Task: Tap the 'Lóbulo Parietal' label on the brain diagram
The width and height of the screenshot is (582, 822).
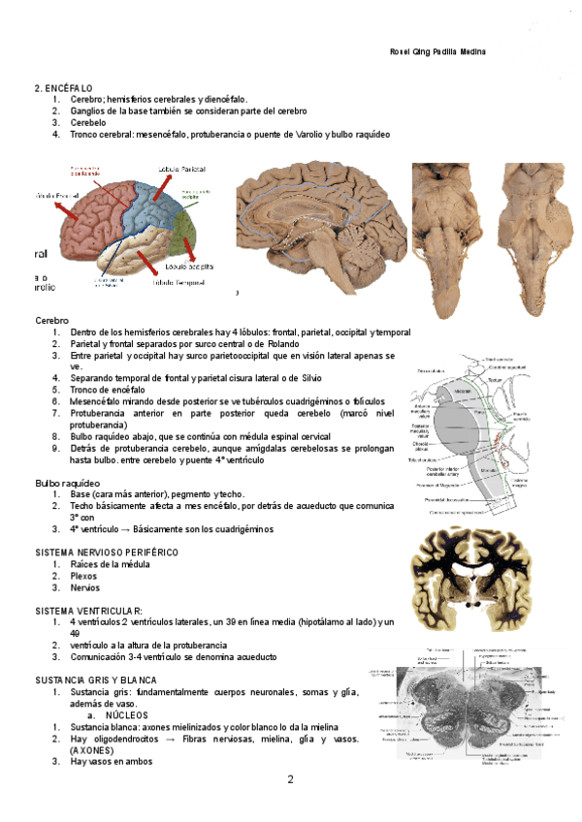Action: coord(181,168)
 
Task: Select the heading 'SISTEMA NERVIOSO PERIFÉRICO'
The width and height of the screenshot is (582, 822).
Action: coord(107,552)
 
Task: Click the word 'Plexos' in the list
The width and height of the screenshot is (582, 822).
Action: coord(83,575)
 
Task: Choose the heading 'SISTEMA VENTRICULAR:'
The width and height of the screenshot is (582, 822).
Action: coord(88,611)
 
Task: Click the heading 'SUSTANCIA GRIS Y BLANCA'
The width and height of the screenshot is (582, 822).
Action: coord(96,680)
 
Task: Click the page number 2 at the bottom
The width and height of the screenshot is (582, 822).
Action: coord(289,779)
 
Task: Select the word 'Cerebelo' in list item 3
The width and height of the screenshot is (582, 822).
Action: coord(87,123)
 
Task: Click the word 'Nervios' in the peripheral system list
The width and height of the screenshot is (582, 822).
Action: coord(84,587)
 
